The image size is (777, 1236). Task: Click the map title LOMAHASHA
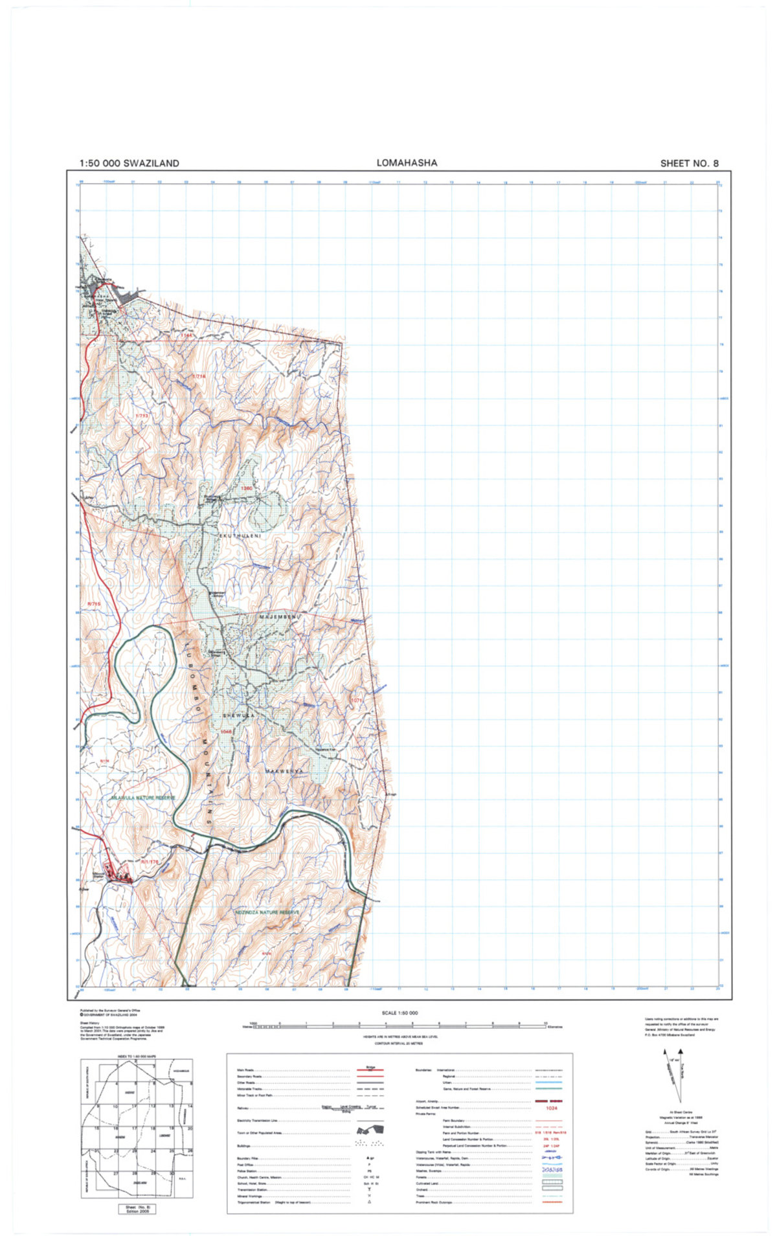tap(407, 163)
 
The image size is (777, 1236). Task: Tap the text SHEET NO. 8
tap(689, 164)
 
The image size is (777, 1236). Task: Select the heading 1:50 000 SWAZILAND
tap(129, 164)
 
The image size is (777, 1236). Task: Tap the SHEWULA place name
tap(236, 715)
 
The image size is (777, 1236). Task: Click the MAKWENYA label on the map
tap(285, 772)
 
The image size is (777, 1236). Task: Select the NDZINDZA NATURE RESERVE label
tap(268, 912)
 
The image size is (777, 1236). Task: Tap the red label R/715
tap(95, 604)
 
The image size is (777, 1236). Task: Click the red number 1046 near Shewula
tap(226, 731)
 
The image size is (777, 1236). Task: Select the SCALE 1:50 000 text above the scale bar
tap(400, 1013)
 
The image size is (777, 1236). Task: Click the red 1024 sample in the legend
tap(551, 1108)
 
